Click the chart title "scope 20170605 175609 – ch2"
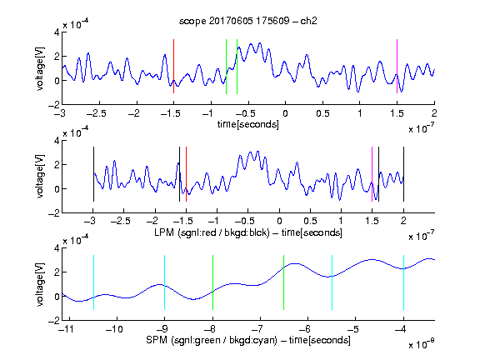248,21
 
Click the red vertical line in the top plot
173,66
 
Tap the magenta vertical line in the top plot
397,66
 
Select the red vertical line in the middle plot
186,174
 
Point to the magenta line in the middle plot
372,174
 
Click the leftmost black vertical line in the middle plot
93,174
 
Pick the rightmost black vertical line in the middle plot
404,174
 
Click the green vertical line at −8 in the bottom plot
212,282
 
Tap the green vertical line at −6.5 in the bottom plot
284,282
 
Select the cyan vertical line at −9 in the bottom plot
164,282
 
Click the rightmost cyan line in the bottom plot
404,282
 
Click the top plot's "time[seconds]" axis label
248,124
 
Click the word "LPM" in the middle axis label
164,232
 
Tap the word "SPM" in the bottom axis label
157,340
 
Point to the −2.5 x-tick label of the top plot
96,113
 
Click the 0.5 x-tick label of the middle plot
310,221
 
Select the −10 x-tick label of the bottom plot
114,329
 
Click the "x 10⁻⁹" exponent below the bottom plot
421,344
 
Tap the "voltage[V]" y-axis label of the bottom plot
40,284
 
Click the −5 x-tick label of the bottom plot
353,329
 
